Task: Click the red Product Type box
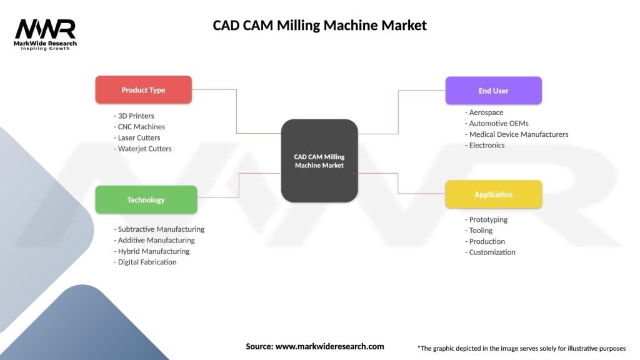coord(143,90)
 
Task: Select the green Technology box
coord(146,200)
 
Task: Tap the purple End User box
coord(493,91)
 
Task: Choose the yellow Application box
coord(493,194)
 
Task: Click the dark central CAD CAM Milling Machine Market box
coord(319,161)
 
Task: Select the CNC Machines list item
coord(139,127)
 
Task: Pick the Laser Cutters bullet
coord(137,137)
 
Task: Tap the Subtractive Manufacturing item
coord(159,229)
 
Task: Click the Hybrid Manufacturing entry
coord(152,251)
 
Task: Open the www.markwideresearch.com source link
coord(329,346)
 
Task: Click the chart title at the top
coord(319,25)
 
